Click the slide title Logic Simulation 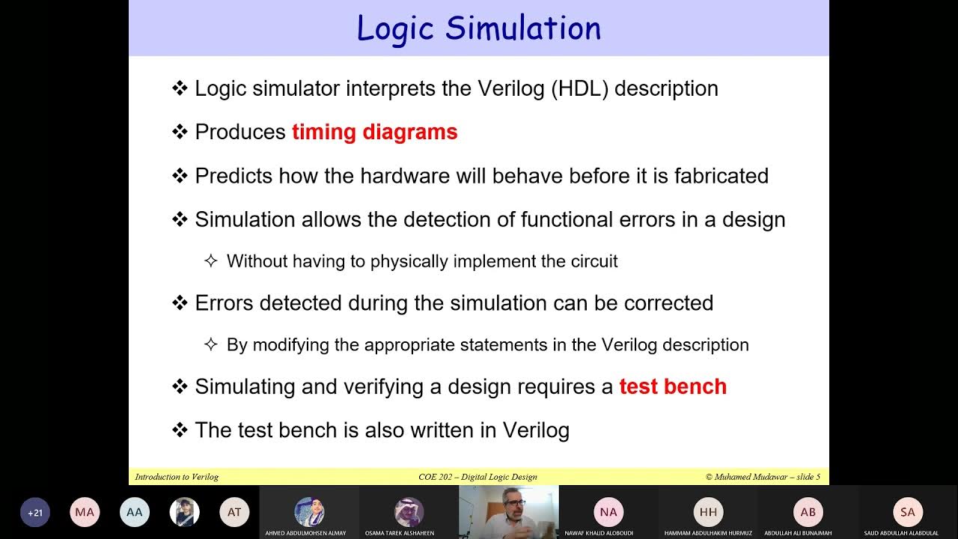coord(478,28)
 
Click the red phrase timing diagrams coord(374,133)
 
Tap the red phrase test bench coord(672,387)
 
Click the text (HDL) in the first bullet coord(579,88)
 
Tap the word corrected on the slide coord(668,303)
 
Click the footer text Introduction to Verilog coord(177,477)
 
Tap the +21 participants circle coord(35,513)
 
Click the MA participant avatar coord(85,513)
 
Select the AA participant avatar coord(135,513)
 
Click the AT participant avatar coord(234,513)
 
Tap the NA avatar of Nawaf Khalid coord(608,512)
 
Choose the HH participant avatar coord(708,512)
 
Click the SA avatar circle coord(908,512)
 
